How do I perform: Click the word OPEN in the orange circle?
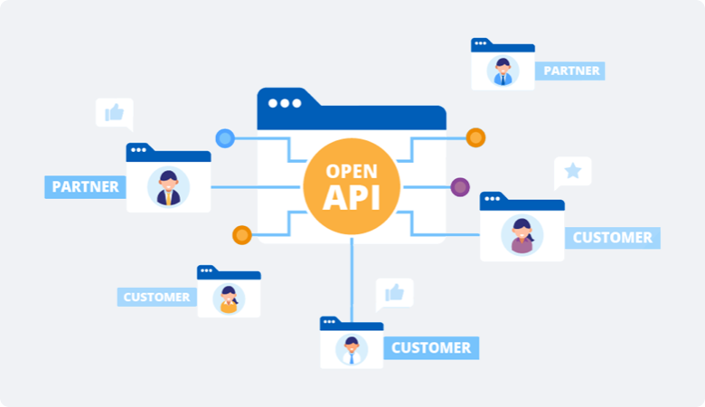[x=351, y=170]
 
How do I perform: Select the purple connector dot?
[x=460, y=187]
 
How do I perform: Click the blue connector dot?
[x=225, y=138]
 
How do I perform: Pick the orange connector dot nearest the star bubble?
[x=475, y=138]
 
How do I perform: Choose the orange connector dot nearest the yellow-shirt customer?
[x=241, y=235]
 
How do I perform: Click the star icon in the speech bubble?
[x=572, y=170]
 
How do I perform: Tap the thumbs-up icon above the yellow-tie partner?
[x=114, y=112]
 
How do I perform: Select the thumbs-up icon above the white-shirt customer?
[x=394, y=292]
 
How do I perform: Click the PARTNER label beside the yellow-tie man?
[x=86, y=187]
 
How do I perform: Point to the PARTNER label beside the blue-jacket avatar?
[x=571, y=71]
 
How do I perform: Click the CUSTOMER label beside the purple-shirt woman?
[x=612, y=238]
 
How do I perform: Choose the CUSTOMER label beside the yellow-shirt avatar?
[x=156, y=297]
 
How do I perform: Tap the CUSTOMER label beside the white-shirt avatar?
[x=430, y=347]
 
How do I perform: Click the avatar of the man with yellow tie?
[x=168, y=187]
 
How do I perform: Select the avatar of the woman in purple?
[x=522, y=236]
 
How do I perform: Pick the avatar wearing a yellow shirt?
[x=229, y=299]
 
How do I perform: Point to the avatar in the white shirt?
[x=352, y=350]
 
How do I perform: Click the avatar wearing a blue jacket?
[x=503, y=71]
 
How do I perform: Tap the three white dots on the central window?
[x=285, y=103]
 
